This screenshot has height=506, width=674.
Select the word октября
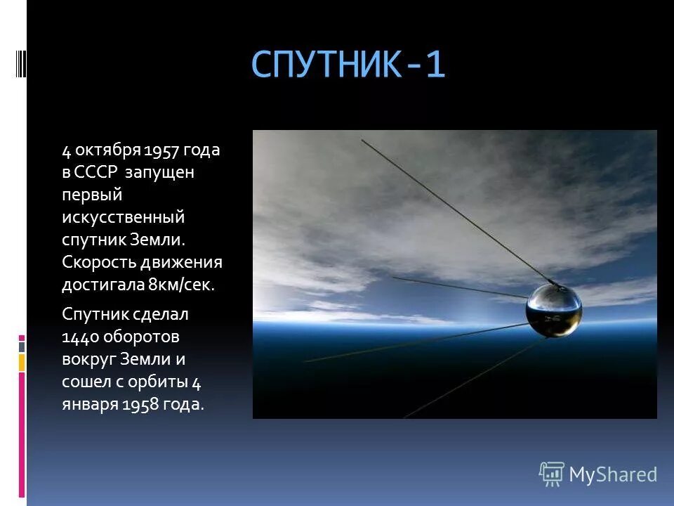[x=107, y=150]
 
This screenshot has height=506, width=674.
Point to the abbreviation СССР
[x=98, y=173]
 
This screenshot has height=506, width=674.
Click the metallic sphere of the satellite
[x=554, y=309]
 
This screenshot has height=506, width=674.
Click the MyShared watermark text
[x=612, y=474]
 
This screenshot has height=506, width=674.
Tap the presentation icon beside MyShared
[x=552, y=474]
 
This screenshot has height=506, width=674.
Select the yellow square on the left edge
[x=22, y=363]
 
